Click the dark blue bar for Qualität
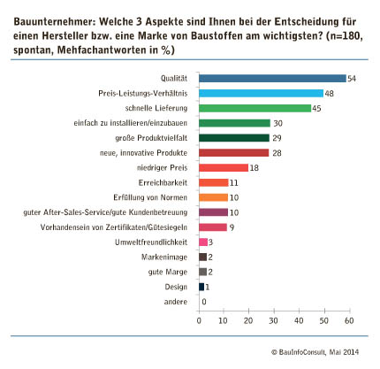coord(272,79)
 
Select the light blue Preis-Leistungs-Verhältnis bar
coord(261,93)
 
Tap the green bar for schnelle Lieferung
coord(255,108)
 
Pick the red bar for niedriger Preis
coord(224,168)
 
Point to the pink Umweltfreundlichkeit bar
coord(203,242)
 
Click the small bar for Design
coord(201,287)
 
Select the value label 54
coord(352,79)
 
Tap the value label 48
coord(329,94)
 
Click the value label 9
coord(232,227)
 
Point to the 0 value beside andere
coord(204,302)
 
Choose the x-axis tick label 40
coord(299,320)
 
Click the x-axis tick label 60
coord(349,320)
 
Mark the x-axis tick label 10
coord(223,320)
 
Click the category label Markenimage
coord(164,258)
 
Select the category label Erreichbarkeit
coord(163,182)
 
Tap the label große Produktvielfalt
coord(151,138)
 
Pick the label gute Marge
coord(168,272)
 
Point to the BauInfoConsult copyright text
coord(315,352)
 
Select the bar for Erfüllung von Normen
coord(214,197)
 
